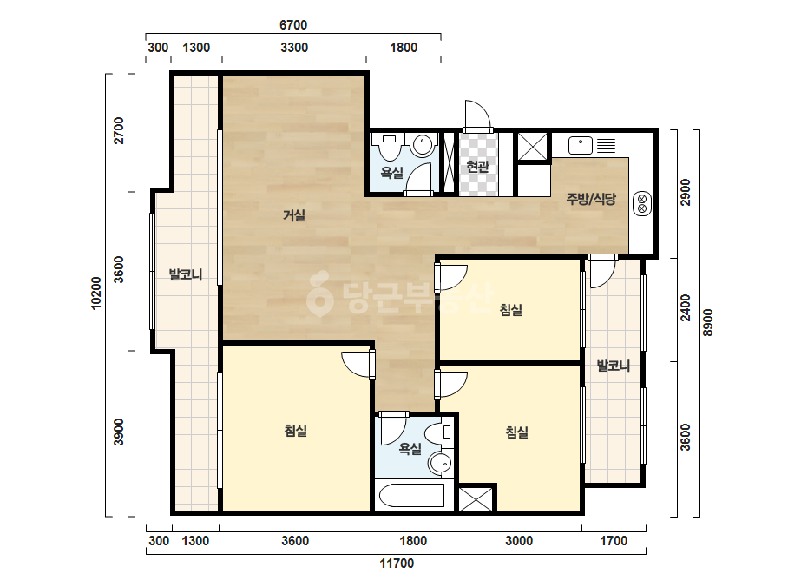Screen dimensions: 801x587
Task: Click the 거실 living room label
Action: (x=294, y=215)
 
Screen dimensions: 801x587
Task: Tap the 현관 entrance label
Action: (x=477, y=166)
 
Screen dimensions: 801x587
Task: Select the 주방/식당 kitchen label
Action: (x=590, y=198)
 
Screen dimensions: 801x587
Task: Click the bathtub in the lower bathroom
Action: (x=411, y=495)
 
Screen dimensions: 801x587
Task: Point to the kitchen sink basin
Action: (x=581, y=145)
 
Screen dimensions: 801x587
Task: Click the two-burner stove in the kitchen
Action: (x=642, y=203)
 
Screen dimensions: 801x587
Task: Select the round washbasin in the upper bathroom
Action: (x=423, y=145)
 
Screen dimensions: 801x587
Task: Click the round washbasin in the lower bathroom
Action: (x=440, y=463)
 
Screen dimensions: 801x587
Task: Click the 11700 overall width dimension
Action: (x=397, y=564)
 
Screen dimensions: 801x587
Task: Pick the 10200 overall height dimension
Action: (x=96, y=293)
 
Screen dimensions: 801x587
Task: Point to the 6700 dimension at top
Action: (x=293, y=24)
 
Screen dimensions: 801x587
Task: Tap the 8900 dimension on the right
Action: (x=707, y=323)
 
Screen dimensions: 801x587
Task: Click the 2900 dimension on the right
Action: (x=686, y=192)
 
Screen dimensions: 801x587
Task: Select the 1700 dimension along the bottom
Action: (x=614, y=541)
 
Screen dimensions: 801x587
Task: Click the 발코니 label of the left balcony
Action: (x=186, y=274)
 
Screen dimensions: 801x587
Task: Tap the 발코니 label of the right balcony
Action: (x=614, y=366)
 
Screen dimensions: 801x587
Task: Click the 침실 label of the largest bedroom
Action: (x=296, y=431)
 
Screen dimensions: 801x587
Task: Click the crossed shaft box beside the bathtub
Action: (x=476, y=499)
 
